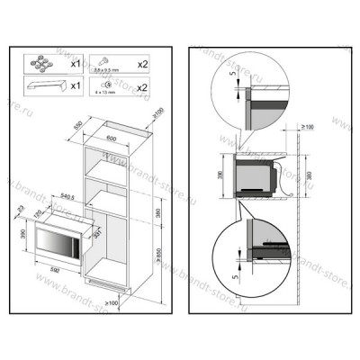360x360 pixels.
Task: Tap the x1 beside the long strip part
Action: [x=77, y=88]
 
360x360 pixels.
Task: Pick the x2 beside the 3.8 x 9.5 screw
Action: [x=141, y=65]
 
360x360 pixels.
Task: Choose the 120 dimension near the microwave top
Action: [x=38, y=213]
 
